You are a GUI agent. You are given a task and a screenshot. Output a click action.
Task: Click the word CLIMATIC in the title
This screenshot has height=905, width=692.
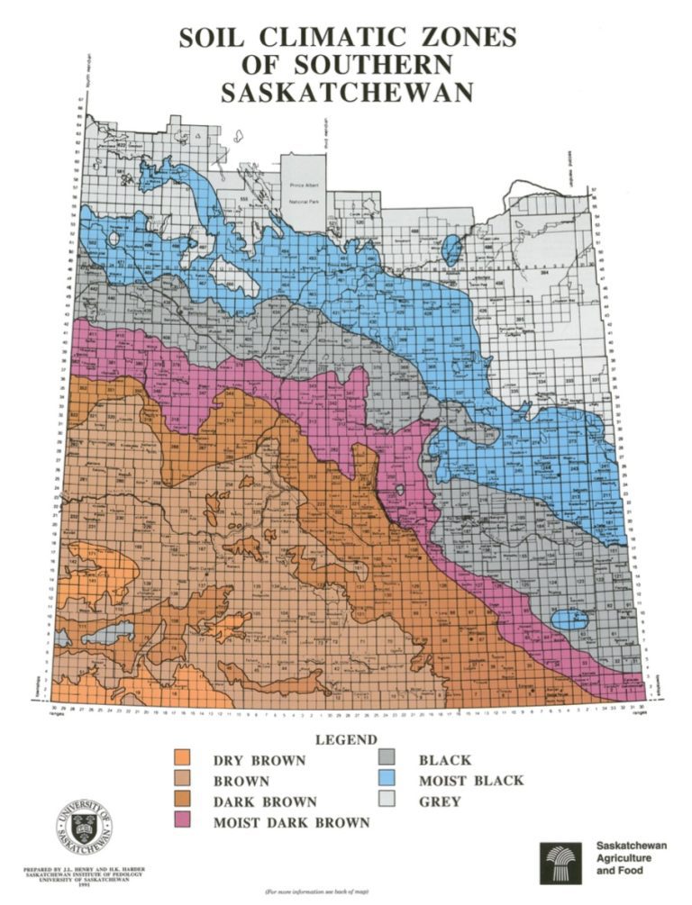tap(333, 39)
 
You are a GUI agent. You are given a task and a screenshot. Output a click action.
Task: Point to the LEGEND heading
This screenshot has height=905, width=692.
tap(346, 739)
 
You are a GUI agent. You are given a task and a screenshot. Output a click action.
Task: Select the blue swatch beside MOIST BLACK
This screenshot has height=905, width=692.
tap(388, 781)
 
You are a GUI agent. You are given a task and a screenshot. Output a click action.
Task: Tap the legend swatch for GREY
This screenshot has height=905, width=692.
tap(388, 801)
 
